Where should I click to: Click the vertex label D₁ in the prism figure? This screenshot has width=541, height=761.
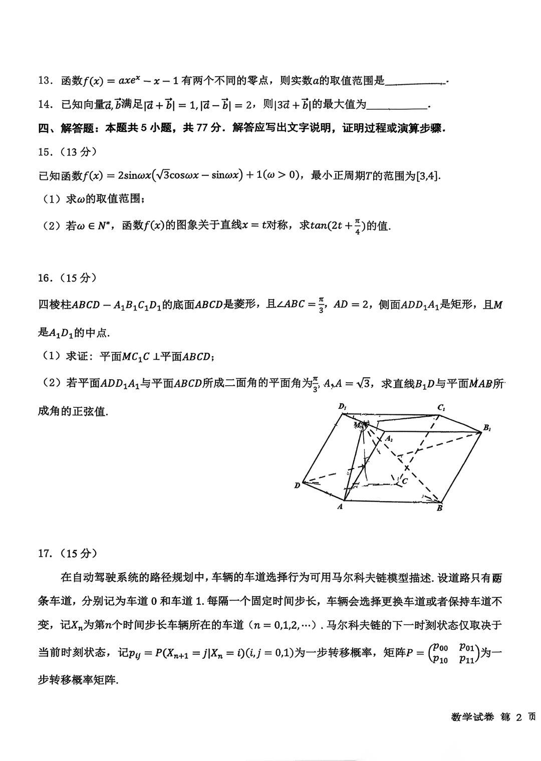point(343,407)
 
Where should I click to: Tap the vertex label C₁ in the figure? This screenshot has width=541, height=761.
point(441,408)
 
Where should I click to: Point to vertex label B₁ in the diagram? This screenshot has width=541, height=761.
point(487,428)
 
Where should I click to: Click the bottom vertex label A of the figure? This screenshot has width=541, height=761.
point(340,506)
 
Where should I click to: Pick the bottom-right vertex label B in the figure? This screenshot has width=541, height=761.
point(439,508)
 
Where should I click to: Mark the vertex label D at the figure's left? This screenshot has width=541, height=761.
point(297,485)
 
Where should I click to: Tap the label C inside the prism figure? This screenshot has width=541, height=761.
point(404,481)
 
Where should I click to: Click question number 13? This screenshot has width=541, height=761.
point(45,81)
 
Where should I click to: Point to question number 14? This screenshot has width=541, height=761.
point(45,104)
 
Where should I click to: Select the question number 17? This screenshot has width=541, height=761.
point(45,553)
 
